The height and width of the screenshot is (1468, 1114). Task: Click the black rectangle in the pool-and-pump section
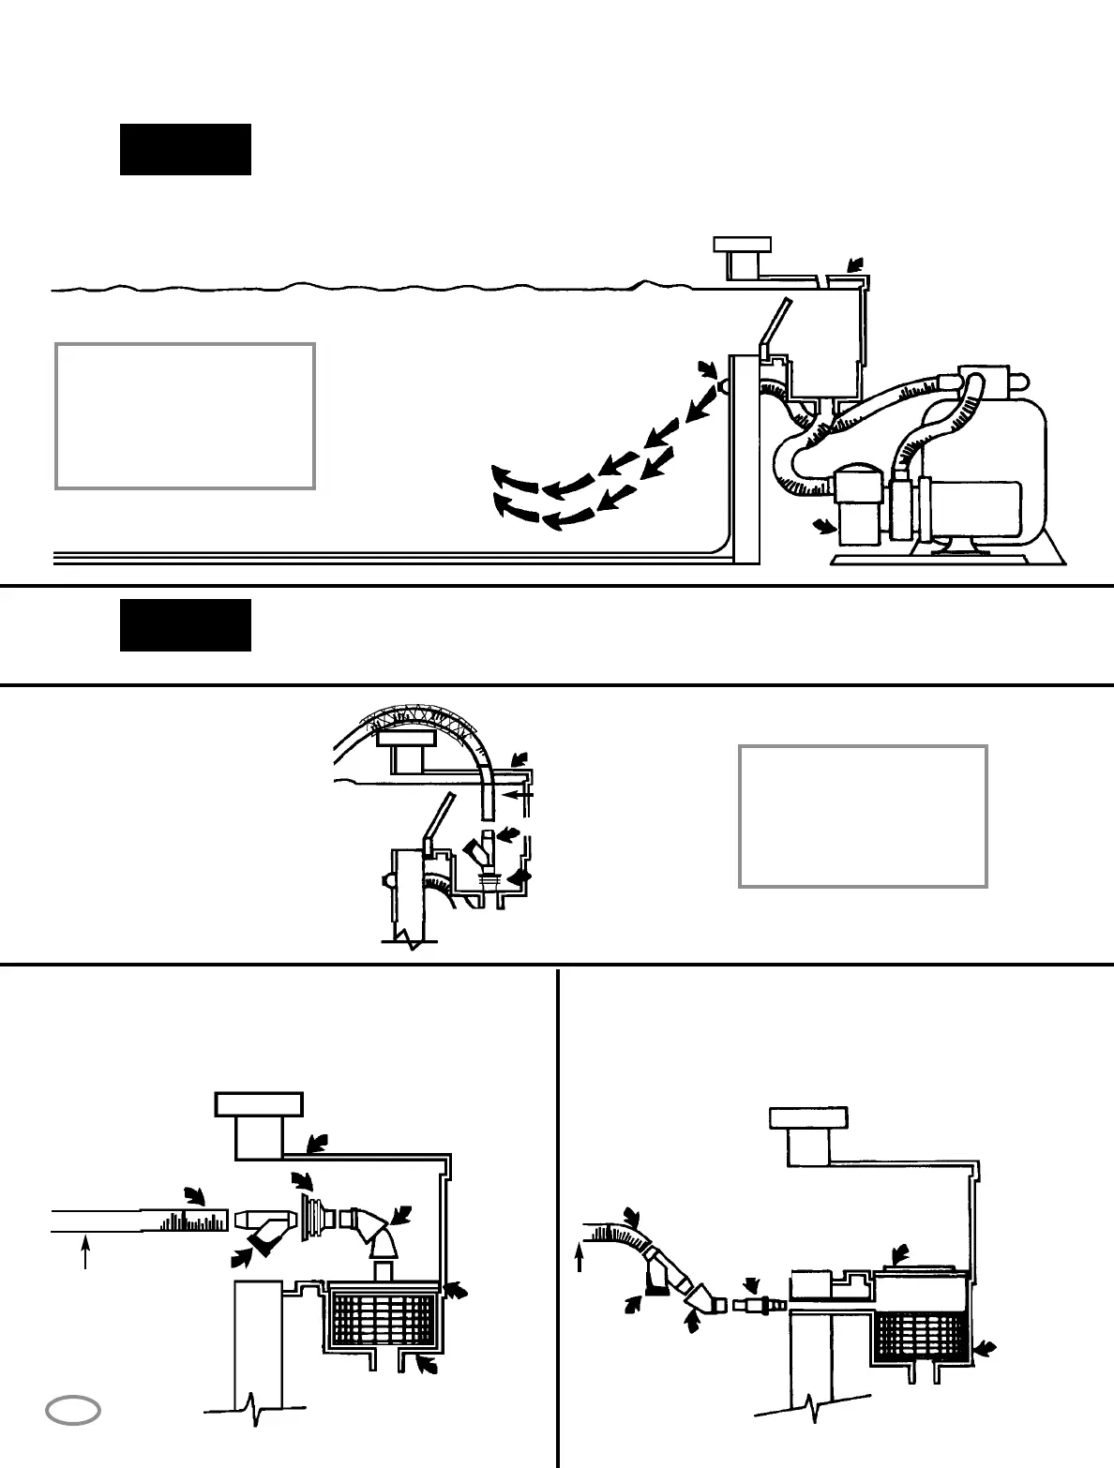tap(185, 149)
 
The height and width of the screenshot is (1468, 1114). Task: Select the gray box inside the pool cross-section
tap(185, 415)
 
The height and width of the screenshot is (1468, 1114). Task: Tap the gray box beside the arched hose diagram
tap(863, 816)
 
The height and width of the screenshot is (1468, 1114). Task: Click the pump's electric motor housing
tap(975, 511)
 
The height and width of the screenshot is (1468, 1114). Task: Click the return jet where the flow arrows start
tap(724, 385)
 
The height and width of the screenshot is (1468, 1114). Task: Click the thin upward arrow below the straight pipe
tap(85, 1252)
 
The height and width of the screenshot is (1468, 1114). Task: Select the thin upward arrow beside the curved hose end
tap(580, 1257)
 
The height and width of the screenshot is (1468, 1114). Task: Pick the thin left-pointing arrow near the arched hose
tap(518, 794)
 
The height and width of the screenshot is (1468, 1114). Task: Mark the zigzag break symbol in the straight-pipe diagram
tap(251, 1409)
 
